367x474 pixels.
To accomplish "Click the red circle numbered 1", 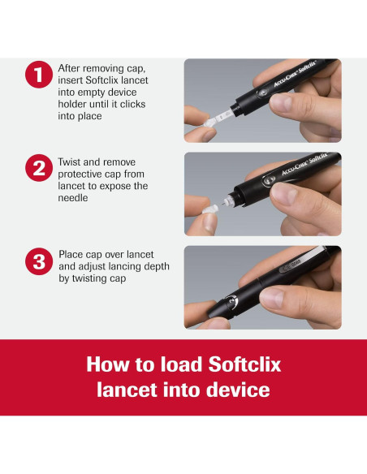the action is coord(39,75).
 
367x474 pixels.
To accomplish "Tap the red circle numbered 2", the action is coord(39,168).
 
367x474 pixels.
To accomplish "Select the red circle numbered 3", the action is coord(39,261).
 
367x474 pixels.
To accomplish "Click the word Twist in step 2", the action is coord(69,162).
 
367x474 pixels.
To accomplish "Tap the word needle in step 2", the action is coord(73,198).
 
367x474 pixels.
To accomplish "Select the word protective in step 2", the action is coord(76,175).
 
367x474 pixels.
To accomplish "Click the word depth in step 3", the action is coord(157,266).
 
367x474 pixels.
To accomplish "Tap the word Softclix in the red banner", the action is coord(244,364).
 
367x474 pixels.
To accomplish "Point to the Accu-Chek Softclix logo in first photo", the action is coord(295,74).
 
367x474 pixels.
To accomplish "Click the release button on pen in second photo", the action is coord(269,180).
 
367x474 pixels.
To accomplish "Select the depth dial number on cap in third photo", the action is coord(231,302).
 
